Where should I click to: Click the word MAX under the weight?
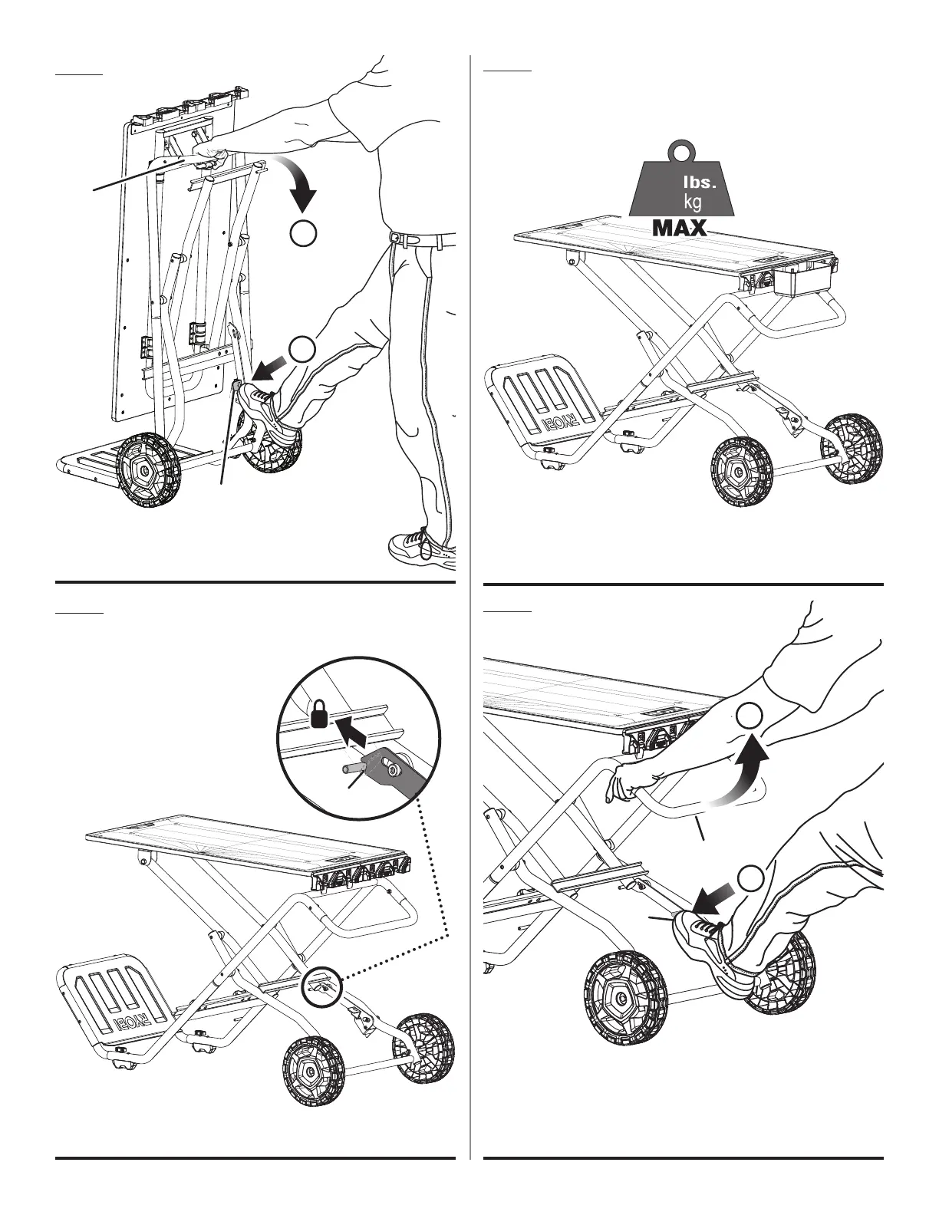[x=679, y=228]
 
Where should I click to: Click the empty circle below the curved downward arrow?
[x=304, y=233]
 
